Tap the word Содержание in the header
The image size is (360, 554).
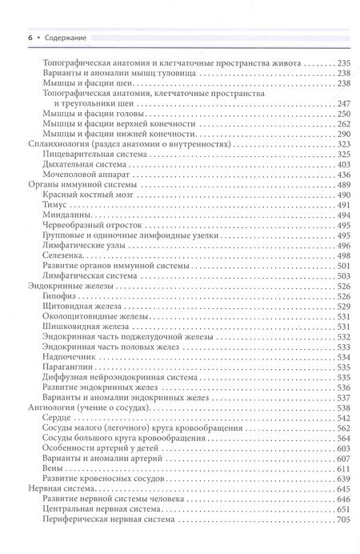point(46,37)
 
